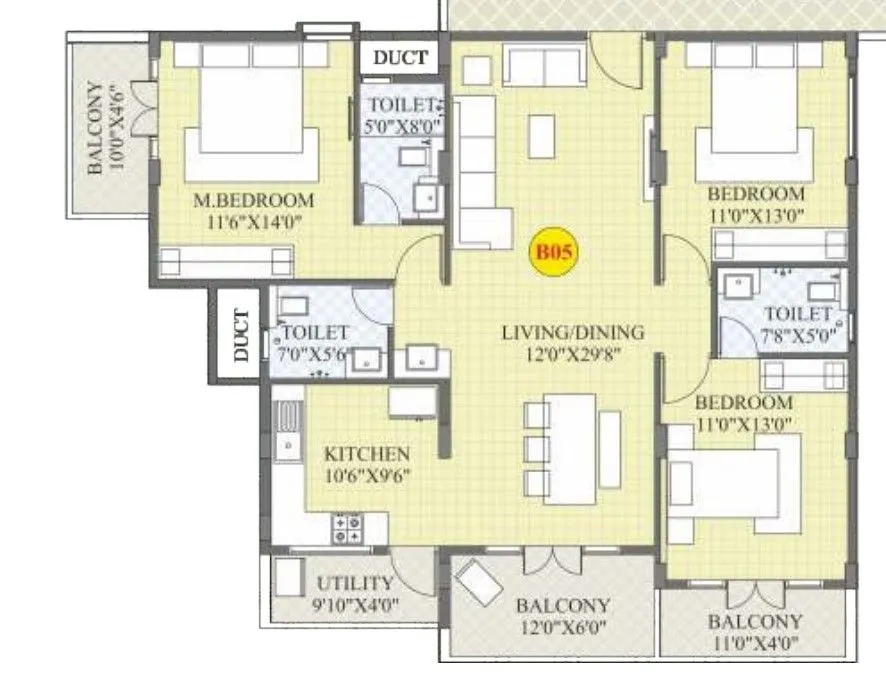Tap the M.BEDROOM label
(x=253, y=200)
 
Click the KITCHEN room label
(x=366, y=454)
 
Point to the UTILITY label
(x=354, y=584)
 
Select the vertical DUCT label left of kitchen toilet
(x=241, y=335)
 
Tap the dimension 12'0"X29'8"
(x=573, y=354)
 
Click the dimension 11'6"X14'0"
(x=253, y=222)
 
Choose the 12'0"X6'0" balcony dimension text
(x=562, y=629)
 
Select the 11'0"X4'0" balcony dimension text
(x=754, y=645)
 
